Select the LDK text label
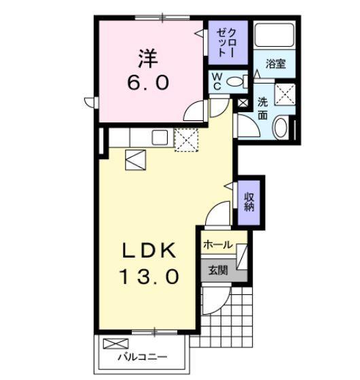tap(150, 250)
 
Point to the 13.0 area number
tap(150, 277)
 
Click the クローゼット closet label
tap(226, 44)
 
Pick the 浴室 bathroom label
tap(275, 65)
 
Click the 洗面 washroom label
tap(263, 109)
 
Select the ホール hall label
tap(217, 245)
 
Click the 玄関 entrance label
tap(217, 269)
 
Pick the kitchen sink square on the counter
tap(160, 137)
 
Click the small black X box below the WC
tap(243, 103)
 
